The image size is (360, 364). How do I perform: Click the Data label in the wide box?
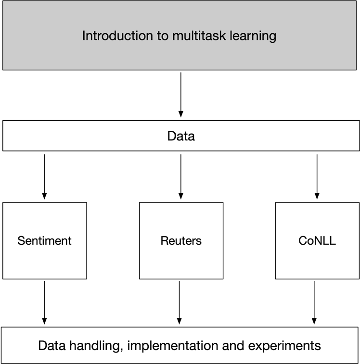pyautogui.click(x=180, y=136)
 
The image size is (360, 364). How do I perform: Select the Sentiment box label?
pyautogui.click(x=44, y=240)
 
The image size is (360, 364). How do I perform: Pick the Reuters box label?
pyautogui.click(x=181, y=240)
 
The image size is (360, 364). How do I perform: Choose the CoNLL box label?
pyautogui.click(x=317, y=240)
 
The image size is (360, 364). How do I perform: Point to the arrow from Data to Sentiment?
pyautogui.click(x=44, y=176)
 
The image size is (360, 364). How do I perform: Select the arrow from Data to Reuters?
pyautogui.click(x=180, y=176)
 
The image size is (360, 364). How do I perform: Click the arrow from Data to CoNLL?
pyautogui.click(x=317, y=176)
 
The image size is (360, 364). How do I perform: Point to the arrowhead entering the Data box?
pyautogui.click(x=180, y=114)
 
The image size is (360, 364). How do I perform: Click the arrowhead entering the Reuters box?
pyautogui.click(x=180, y=196)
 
